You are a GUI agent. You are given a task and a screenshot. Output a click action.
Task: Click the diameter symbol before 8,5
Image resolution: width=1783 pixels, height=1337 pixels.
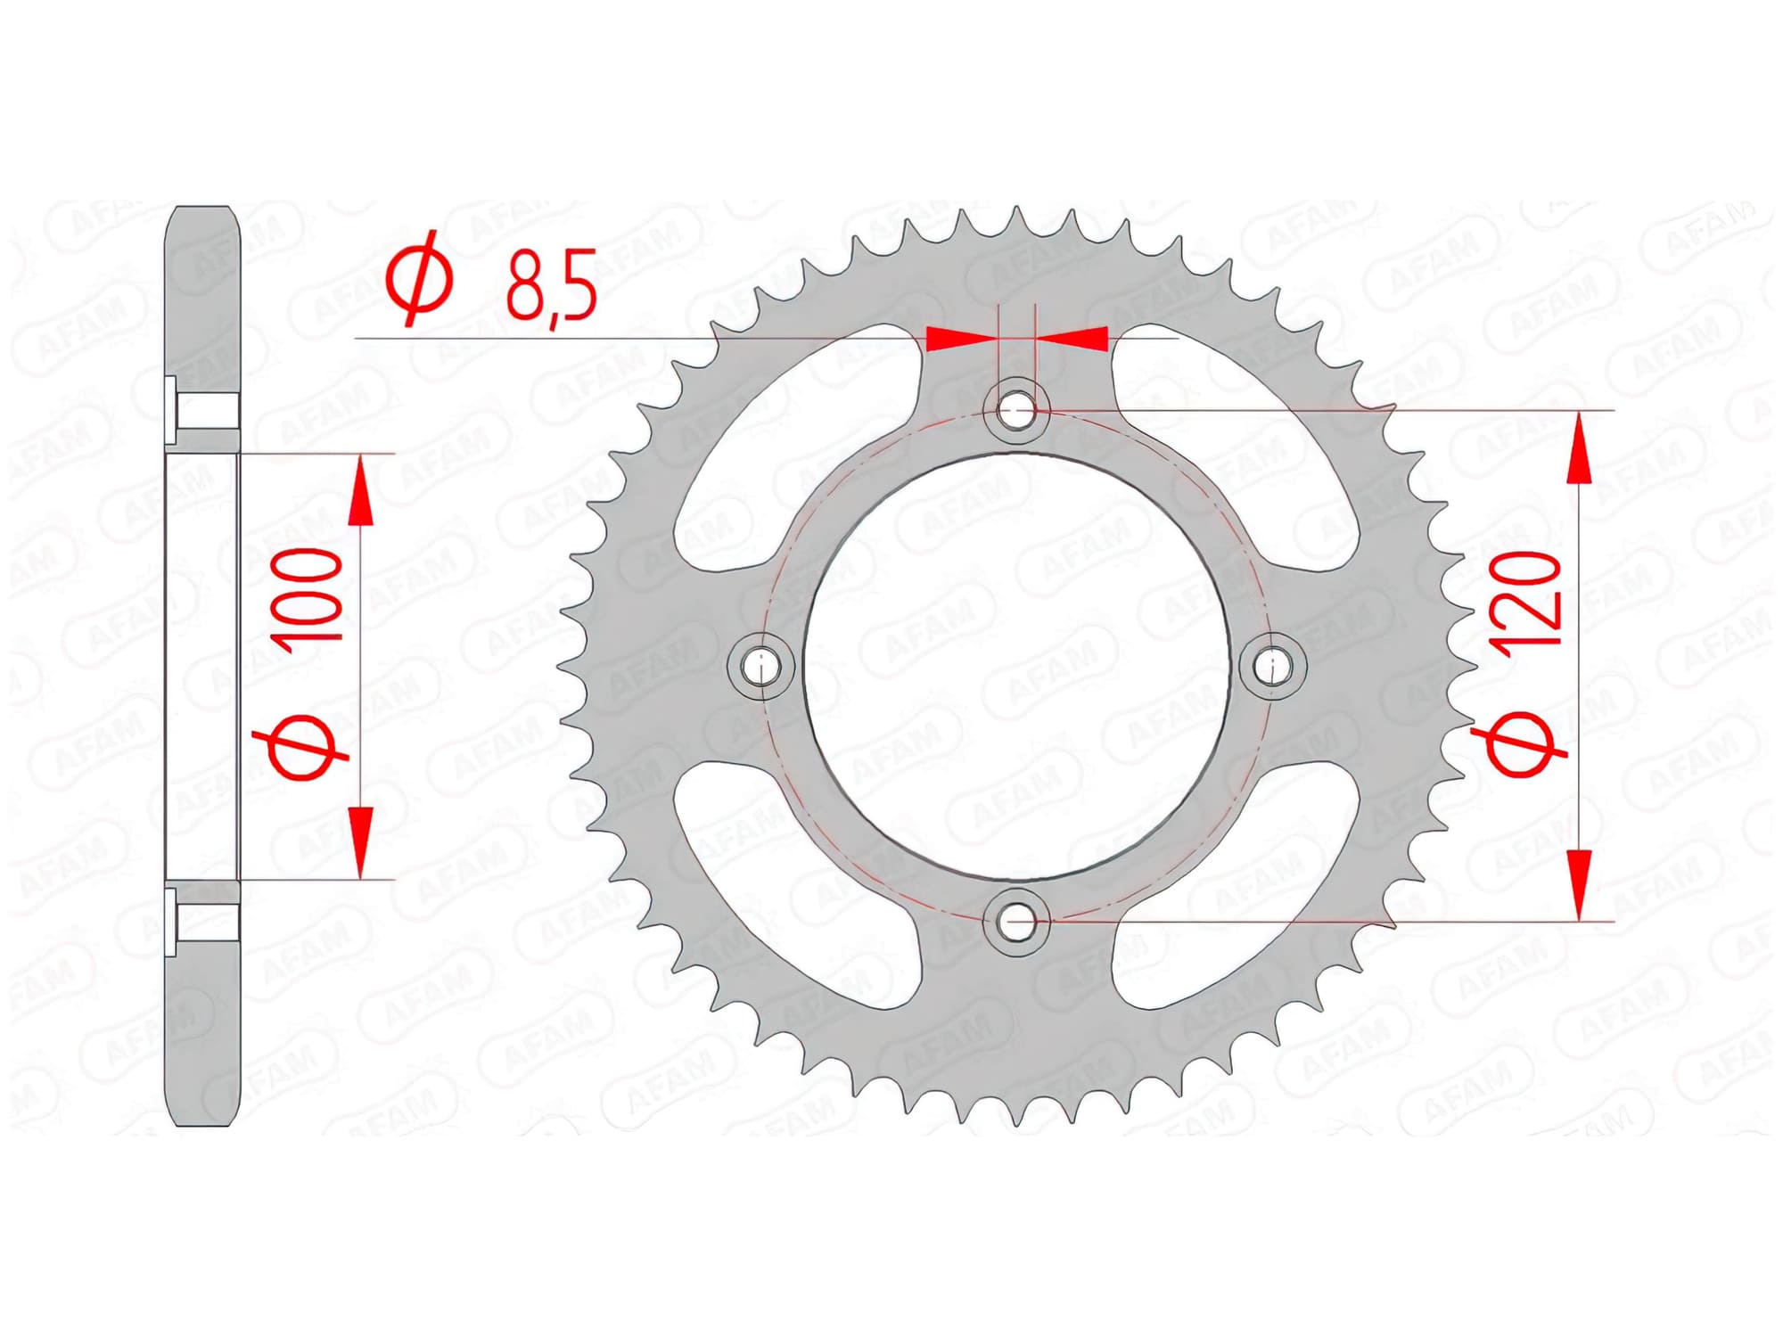tap(419, 279)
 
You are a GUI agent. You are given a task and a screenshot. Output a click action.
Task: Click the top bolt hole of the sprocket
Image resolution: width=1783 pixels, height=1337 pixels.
tap(1016, 411)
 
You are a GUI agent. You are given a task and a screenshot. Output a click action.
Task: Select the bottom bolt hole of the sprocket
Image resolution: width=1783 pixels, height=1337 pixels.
tap(1016, 922)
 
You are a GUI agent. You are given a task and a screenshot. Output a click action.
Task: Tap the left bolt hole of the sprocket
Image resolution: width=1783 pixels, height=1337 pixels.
tap(760, 666)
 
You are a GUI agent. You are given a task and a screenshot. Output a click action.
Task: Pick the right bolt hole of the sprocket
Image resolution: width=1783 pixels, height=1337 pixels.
tap(1273, 666)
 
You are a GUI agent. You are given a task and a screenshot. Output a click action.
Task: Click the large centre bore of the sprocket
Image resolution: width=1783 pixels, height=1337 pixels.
tap(1016, 666)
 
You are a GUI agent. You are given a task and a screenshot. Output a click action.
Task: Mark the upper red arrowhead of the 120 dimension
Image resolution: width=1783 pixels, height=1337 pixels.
tap(1579, 450)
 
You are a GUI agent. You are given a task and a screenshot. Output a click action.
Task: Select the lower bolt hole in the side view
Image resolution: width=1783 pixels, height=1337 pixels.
tap(203, 921)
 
